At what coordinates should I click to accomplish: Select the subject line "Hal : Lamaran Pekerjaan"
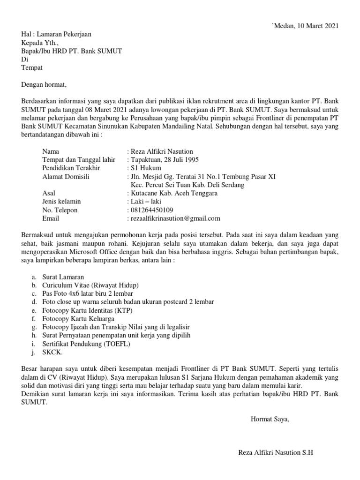[x=57, y=34]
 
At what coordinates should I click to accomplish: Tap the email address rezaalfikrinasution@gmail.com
[x=173, y=218]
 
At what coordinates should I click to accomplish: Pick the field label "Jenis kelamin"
[x=61, y=202]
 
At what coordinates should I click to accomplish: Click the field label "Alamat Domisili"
[x=66, y=177]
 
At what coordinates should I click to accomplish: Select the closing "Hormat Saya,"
[x=270, y=419]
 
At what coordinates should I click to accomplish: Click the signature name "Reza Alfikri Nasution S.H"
[x=275, y=453]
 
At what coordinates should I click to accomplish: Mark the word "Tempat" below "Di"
[x=32, y=67]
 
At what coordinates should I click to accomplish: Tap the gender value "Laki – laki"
[x=143, y=202]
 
